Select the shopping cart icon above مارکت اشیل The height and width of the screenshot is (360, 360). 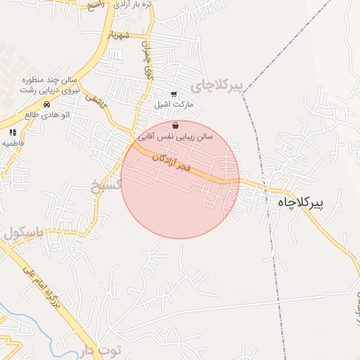(x=174, y=94)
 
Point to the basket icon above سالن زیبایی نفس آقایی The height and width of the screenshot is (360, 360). (x=185, y=124)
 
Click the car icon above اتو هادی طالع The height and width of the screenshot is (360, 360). (x=46, y=104)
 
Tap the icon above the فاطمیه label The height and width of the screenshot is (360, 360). (x=13, y=131)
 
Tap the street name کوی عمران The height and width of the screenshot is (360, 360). (x=148, y=64)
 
